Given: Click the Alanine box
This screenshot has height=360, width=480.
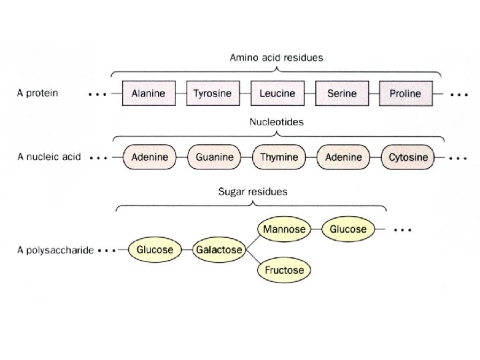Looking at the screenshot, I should [x=149, y=93].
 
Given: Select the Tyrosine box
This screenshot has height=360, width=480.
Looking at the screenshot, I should [x=213, y=93].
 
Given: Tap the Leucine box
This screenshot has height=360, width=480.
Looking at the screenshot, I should [x=277, y=93].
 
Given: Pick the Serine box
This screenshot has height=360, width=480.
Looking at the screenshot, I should [x=341, y=93].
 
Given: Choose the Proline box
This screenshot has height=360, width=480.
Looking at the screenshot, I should [x=406, y=93].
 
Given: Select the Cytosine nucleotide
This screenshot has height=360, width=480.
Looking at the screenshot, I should [x=407, y=158].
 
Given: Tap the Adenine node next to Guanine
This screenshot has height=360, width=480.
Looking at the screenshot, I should [x=149, y=158].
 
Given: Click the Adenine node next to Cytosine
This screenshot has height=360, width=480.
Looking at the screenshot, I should [x=343, y=158].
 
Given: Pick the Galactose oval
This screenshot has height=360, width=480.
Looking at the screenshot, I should [x=218, y=250].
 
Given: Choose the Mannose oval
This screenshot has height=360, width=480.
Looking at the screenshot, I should [x=284, y=229].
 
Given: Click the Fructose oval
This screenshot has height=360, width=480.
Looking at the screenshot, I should [x=284, y=270].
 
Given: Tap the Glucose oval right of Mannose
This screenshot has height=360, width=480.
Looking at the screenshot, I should [x=348, y=229].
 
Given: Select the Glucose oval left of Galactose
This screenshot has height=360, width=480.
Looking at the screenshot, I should [x=155, y=250].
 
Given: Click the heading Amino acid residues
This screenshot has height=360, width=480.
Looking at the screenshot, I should [x=276, y=58].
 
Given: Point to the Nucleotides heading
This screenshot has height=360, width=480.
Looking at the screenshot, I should [x=276, y=123].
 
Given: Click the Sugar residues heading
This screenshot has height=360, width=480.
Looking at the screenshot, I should [x=253, y=191].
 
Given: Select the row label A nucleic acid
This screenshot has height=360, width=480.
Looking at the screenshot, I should [x=49, y=157].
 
